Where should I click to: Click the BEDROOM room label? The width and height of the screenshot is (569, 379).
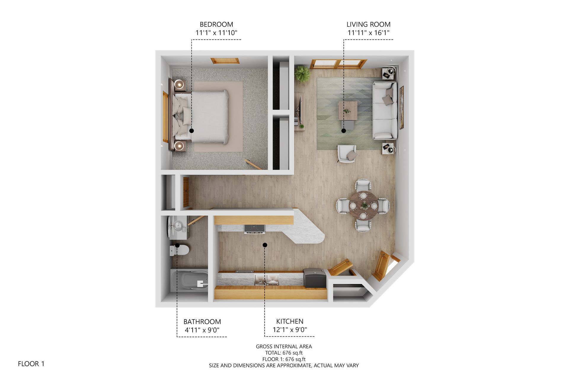coord(216,24)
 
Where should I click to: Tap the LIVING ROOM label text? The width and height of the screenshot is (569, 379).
coord(368,24)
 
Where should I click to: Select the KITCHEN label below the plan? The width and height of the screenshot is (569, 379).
coord(290,321)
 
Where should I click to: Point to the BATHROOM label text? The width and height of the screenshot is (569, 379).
coord(202,322)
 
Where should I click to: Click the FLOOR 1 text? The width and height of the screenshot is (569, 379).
coord(31,364)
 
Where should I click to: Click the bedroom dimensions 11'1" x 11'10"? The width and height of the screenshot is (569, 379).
coord(216,33)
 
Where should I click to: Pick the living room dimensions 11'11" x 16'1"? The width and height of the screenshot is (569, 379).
coord(368,33)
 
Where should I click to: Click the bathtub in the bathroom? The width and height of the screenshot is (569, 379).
coord(189,280)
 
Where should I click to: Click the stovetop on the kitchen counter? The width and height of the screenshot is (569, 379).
coord(254,229)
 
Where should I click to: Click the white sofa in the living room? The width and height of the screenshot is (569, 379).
coord(385,110)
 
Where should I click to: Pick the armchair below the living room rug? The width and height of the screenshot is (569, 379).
coord(347,153)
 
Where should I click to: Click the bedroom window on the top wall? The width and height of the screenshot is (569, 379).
coord(225,61)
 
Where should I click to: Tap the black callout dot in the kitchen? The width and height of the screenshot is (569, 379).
coord(265,245)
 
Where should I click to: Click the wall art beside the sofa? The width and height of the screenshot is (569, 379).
coord(402,107)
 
